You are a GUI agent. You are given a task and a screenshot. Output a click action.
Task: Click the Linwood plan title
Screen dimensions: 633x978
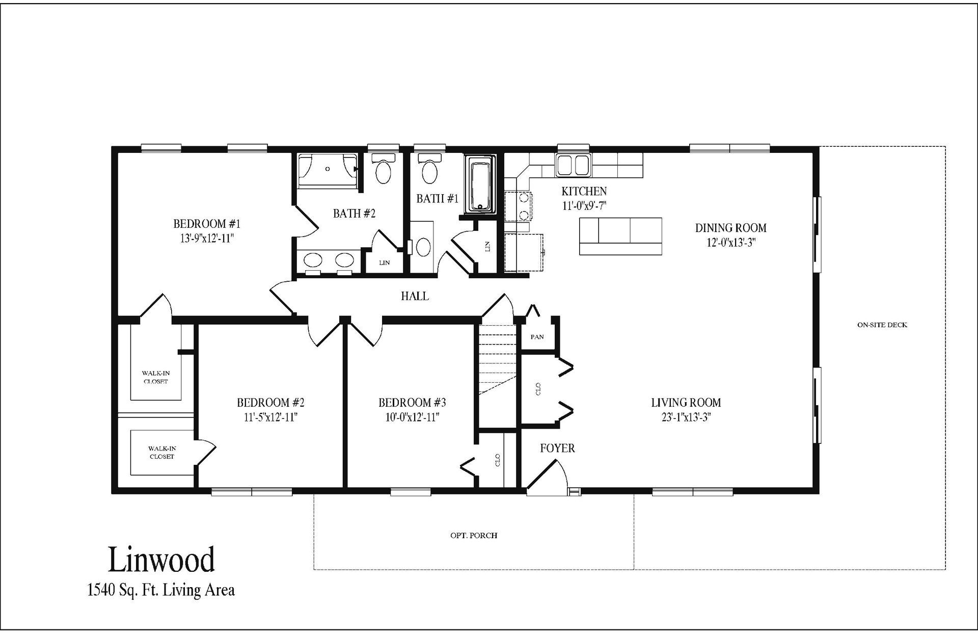161,560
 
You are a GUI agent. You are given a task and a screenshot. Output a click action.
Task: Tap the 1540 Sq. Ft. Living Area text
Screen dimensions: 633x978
161,590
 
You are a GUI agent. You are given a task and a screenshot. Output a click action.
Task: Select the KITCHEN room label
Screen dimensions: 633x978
584,191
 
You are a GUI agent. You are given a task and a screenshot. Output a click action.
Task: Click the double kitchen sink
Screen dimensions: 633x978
573,165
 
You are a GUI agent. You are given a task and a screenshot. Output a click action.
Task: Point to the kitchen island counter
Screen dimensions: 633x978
620,236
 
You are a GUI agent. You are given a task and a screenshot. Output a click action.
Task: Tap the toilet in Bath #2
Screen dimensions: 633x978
383,169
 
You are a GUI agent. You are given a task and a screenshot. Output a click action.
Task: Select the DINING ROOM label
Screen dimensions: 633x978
730,228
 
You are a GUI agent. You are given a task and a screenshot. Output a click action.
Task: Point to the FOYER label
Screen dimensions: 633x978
557,448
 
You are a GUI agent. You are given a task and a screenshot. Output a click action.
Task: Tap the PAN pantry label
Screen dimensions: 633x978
537,337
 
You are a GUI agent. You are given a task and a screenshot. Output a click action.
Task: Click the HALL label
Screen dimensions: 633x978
415,296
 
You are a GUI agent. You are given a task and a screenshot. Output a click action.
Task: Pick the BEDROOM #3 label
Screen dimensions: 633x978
412,403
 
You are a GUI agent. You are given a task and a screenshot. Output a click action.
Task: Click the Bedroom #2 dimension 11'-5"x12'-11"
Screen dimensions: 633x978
270,417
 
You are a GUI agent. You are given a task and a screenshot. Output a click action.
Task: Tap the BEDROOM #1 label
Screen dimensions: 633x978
207,224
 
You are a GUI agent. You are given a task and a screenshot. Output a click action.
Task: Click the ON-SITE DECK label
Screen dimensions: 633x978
882,325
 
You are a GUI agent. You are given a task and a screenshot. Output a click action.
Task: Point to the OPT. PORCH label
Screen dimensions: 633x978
474,535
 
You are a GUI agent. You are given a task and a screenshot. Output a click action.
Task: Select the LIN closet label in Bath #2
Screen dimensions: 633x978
385,263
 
